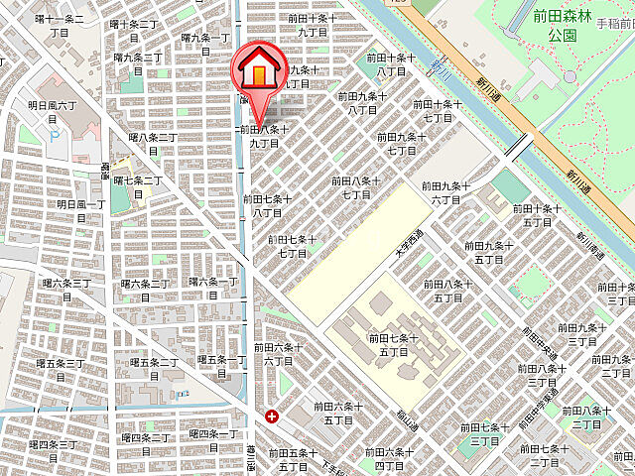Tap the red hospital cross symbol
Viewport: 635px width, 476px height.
(x=272, y=416)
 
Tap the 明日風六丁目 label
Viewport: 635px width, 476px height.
(x=52, y=110)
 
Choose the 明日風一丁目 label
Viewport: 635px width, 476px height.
(x=80, y=210)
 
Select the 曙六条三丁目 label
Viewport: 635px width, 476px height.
(x=65, y=290)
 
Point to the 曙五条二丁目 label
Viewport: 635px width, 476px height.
(x=153, y=369)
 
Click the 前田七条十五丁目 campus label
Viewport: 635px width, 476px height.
(x=394, y=345)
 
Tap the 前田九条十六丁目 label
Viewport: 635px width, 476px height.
(x=443, y=192)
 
